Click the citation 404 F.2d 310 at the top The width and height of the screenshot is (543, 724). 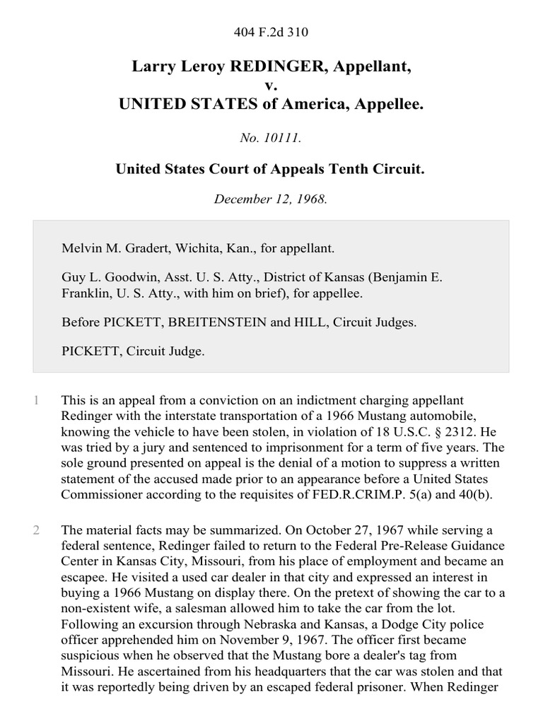(x=271, y=32)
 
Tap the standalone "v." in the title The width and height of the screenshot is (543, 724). (x=271, y=86)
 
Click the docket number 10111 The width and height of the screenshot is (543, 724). (x=283, y=139)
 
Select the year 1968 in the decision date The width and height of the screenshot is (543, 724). (x=311, y=199)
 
